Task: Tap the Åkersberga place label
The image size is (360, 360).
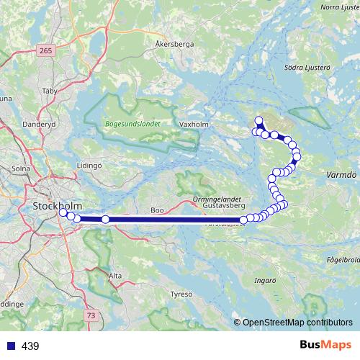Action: click(x=174, y=44)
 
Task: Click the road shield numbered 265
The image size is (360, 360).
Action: click(x=47, y=50)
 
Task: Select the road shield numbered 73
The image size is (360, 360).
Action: click(x=91, y=315)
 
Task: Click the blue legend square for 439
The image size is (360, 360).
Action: click(x=10, y=346)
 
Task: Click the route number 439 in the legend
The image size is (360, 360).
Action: click(x=30, y=346)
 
